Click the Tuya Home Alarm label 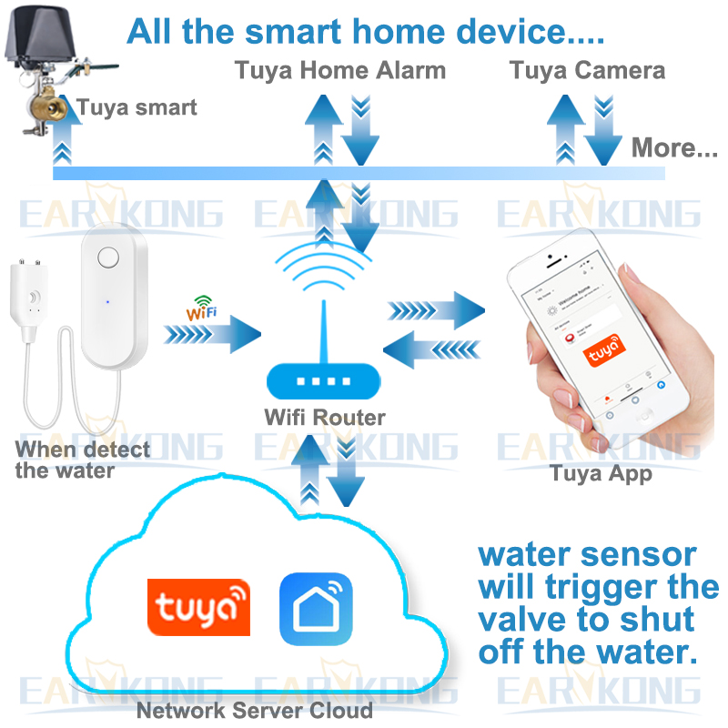click(x=340, y=70)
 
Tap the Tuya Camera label click(x=587, y=70)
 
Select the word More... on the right click(x=674, y=147)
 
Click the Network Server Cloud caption click(x=254, y=710)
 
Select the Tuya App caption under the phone click(x=601, y=473)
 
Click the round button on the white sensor click(x=108, y=257)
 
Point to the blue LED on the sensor click(x=107, y=301)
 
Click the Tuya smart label click(x=136, y=108)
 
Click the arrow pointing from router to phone click(x=437, y=310)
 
